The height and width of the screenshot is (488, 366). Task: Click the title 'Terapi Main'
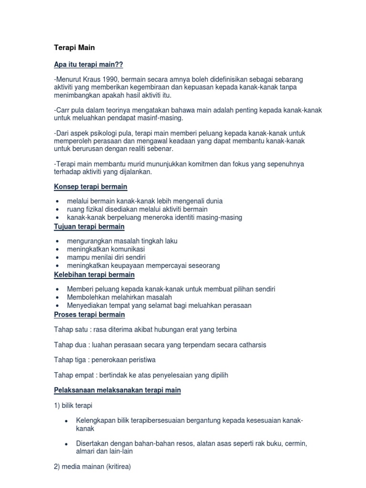coord(74,48)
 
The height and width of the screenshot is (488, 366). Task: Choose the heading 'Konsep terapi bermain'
coord(91,186)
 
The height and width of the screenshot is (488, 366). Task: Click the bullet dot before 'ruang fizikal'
coord(58,209)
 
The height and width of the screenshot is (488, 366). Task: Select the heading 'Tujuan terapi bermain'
coord(89,226)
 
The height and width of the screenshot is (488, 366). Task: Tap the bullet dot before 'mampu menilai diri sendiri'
coord(58,257)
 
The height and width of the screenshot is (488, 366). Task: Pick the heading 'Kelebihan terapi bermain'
coord(94,274)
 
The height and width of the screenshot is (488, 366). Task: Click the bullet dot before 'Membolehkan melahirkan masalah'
coord(58,297)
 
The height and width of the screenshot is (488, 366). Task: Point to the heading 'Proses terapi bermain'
coord(90,315)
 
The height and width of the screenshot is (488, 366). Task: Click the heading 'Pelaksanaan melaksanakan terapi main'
coord(117,390)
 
